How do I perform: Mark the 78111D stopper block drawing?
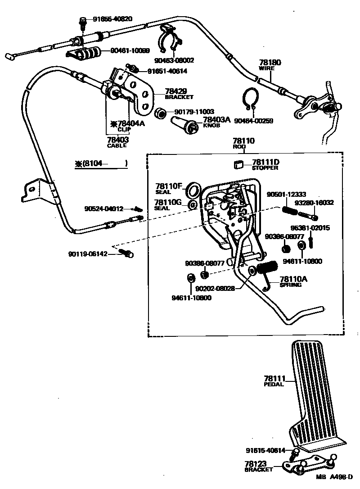pyautogui.click(x=238, y=165)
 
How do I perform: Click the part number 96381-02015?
pyautogui.click(x=310, y=228)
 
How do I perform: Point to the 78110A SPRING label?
pyautogui.click(x=293, y=281)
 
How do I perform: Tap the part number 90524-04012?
pyautogui.click(x=103, y=208)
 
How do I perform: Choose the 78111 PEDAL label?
pyautogui.click(x=274, y=381)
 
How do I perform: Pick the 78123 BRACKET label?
pyautogui.click(x=258, y=466)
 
